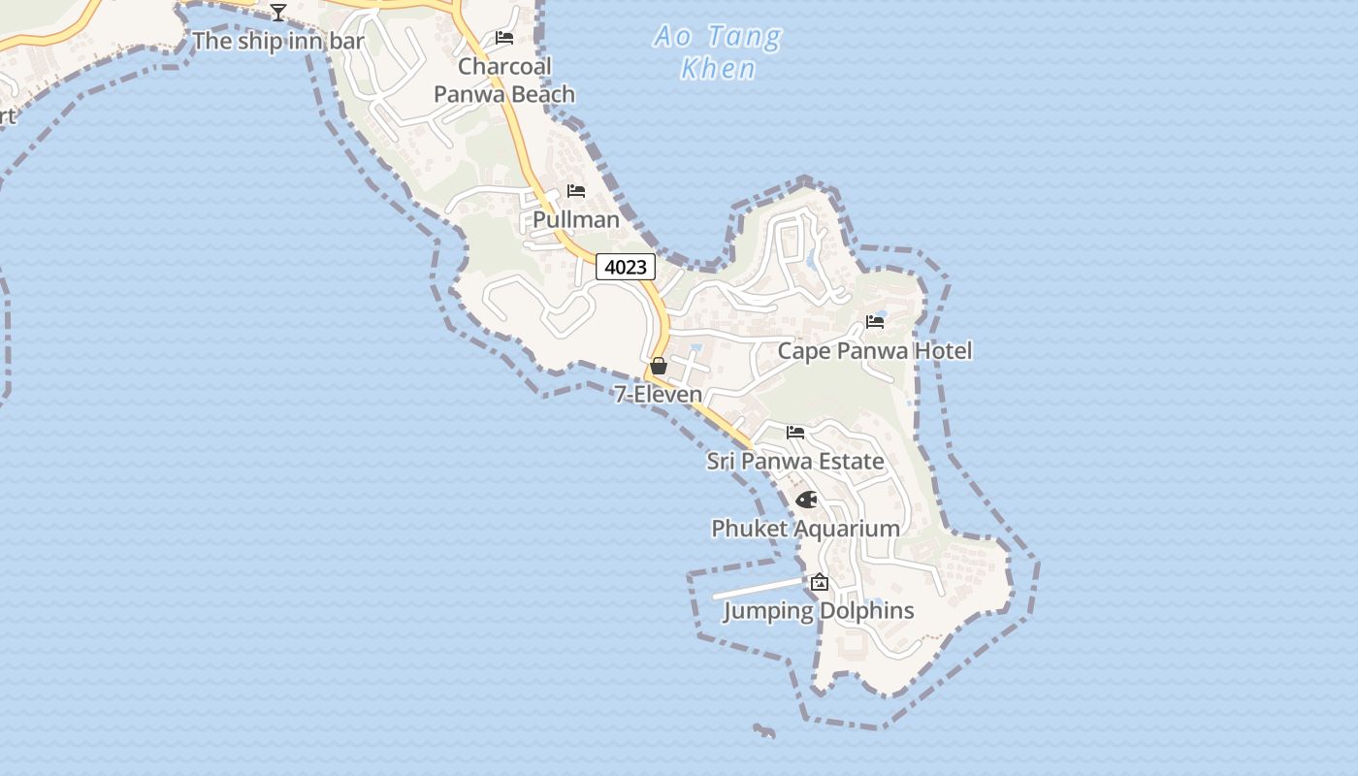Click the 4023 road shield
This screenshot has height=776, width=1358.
[x=626, y=267]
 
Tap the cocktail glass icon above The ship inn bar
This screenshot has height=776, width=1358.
[x=278, y=13]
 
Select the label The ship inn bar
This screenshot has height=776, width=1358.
[x=278, y=41]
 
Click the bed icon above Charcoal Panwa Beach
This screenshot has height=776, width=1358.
[x=504, y=38]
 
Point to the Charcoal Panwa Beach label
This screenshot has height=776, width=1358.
[x=504, y=81]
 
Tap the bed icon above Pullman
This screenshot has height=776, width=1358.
[x=576, y=191]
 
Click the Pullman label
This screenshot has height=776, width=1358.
[x=576, y=220]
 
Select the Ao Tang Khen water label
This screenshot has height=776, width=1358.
[x=718, y=52]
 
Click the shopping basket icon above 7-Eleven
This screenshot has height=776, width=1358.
[x=659, y=366]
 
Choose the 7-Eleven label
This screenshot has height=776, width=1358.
[x=659, y=394]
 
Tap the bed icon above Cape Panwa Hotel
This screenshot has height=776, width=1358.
[x=875, y=322]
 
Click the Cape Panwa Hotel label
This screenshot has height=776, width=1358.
[x=875, y=350]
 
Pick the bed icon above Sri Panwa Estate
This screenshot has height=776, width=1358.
[x=795, y=433]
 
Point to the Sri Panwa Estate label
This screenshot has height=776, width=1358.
[x=795, y=461]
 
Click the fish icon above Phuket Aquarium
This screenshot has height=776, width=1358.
[x=806, y=500]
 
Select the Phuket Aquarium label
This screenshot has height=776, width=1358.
[x=806, y=529]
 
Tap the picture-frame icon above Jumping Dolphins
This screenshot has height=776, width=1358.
[x=820, y=582]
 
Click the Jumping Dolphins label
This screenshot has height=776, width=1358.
[x=820, y=611]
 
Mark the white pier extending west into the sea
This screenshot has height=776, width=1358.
[x=757, y=589]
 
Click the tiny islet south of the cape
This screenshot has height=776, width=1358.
[x=765, y=730]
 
